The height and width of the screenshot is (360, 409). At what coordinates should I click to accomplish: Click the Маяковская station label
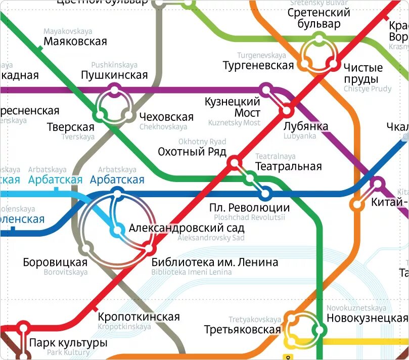[75, 41]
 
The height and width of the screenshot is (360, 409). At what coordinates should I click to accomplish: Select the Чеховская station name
[166, 117]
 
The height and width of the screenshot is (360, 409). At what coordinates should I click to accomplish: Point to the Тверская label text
[70, 127]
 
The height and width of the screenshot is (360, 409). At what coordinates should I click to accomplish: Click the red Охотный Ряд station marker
[234, 162]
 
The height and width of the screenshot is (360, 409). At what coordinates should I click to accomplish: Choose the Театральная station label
[289, 166]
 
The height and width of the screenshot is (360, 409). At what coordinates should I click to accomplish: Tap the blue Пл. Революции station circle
[265, 193]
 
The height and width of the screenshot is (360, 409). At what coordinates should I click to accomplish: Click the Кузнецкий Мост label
[233, 107]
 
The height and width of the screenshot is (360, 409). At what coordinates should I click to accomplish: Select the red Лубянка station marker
[288, 110]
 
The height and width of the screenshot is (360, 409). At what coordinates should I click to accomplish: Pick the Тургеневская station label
[258, 65]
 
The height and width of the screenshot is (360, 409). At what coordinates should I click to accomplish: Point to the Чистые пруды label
[362, 73]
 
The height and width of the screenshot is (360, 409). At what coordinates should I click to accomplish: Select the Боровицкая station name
[55, 262]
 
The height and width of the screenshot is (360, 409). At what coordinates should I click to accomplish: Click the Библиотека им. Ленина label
[215, 262]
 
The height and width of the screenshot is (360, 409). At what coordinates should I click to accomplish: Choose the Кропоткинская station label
[139, 317]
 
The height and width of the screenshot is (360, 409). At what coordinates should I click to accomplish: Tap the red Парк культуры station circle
[23, 328]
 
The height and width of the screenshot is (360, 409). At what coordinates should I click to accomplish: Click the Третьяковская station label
[242, 330]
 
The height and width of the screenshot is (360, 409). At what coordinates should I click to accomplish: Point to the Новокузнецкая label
[367, 318]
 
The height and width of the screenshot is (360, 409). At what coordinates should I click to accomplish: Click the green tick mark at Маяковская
[40, 49]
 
